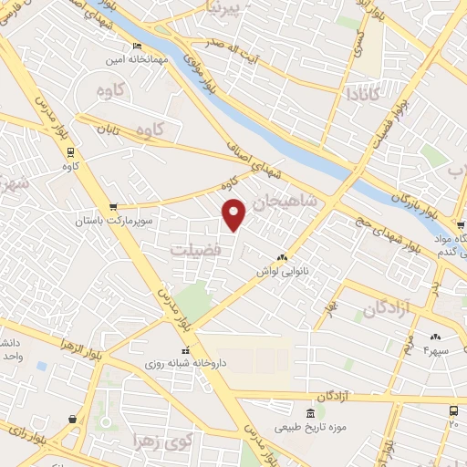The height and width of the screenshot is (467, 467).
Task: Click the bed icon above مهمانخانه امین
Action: coord(138,47)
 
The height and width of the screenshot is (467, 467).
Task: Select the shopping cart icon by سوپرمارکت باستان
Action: coord(113,207)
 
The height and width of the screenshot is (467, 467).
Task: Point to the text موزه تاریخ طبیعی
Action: coord(313,427)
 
